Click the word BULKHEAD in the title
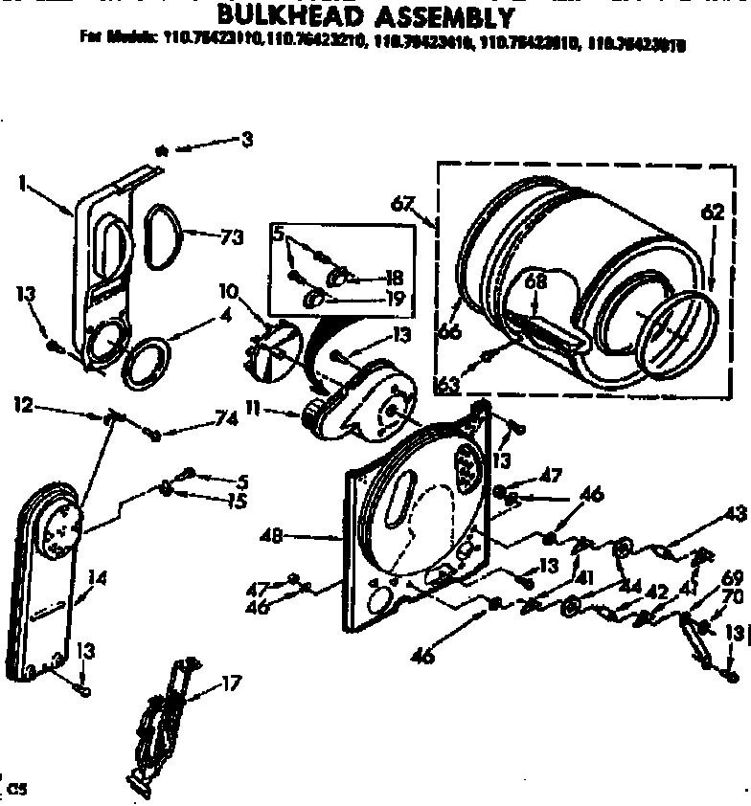288,16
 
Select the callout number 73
231,238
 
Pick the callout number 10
228,290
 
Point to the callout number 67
403,204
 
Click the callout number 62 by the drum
712,214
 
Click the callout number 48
271,538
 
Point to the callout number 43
736,514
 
